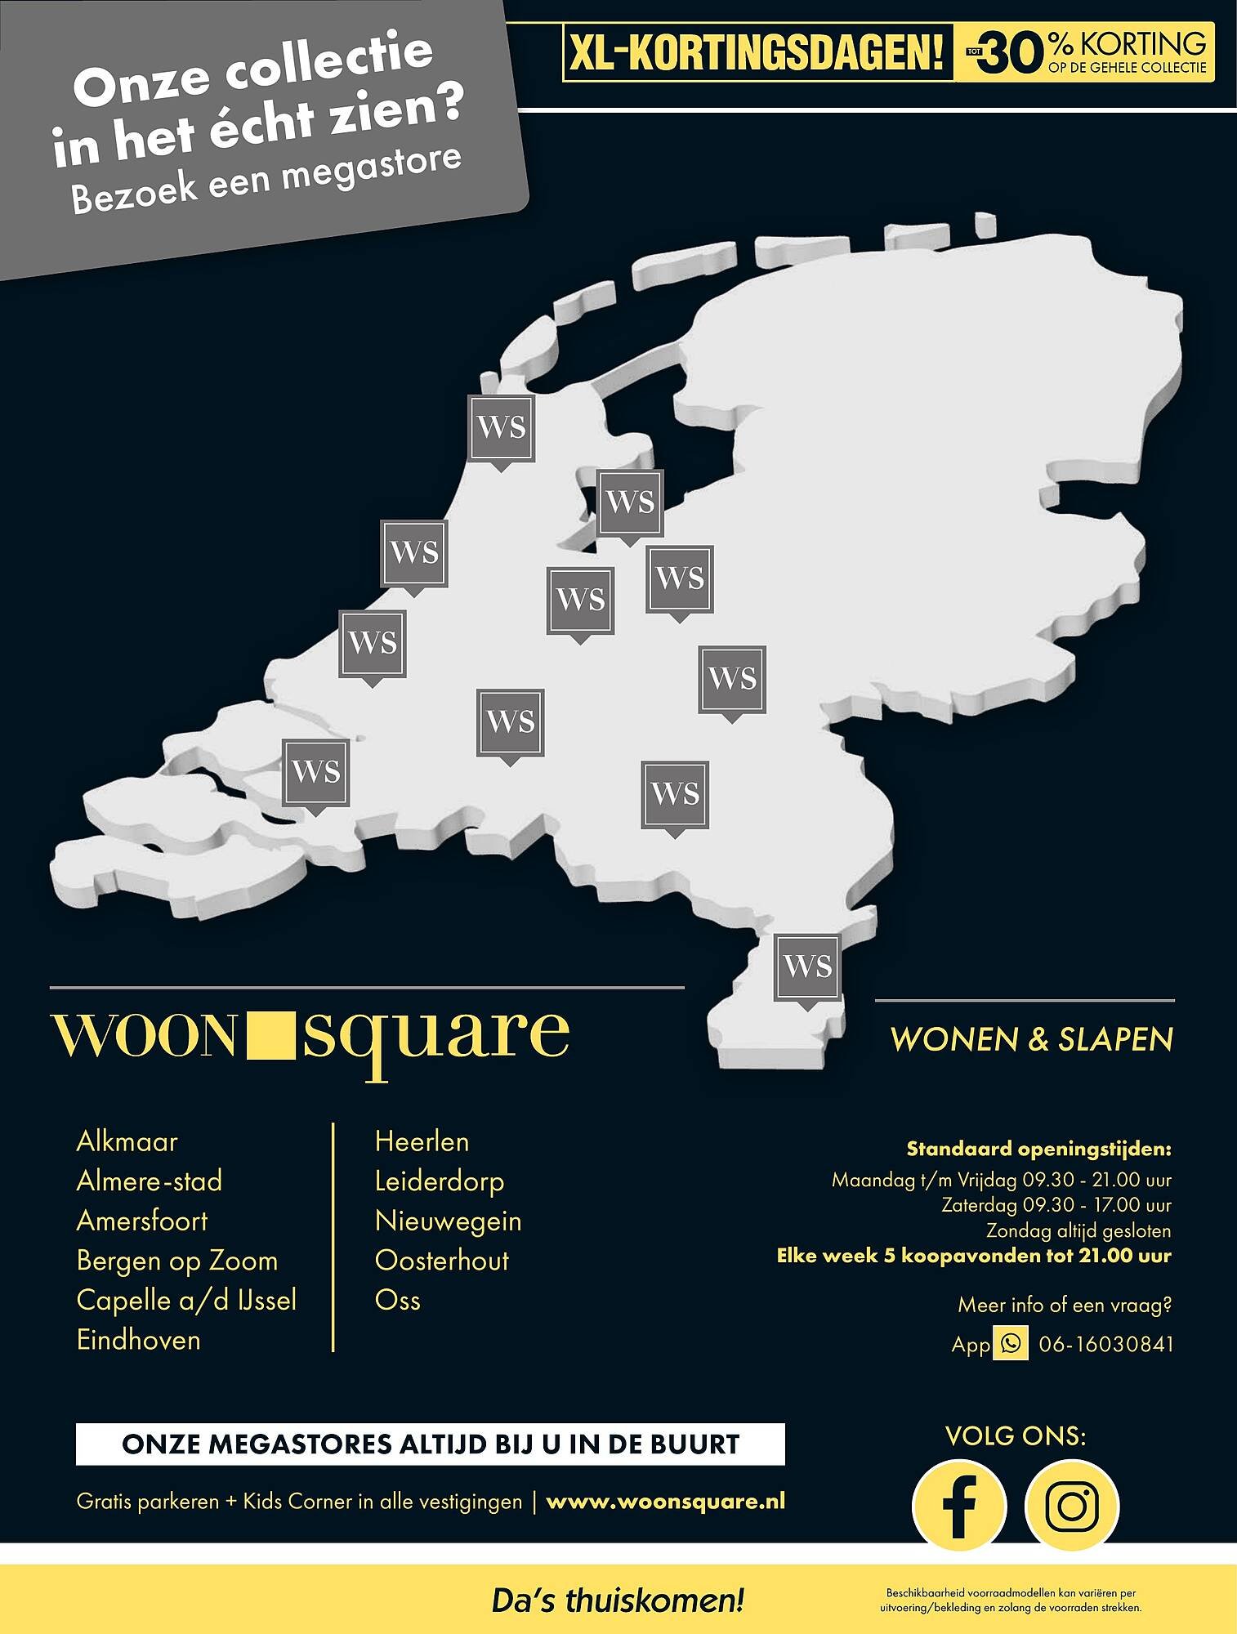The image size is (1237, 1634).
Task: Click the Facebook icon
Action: [x=959, y=1506]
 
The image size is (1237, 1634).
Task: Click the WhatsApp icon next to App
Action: [x=1011, y=1343]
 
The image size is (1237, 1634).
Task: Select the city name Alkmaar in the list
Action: [x=127, y=1141]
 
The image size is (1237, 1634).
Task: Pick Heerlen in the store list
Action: [x=422, y=1141]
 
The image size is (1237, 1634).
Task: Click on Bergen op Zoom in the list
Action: [x=177, y=1261]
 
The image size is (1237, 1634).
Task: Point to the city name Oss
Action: [x=397, y=1300]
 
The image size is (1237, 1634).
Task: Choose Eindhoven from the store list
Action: [x=138, y=1340]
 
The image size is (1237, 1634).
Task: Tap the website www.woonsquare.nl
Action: [x=665, y=1501]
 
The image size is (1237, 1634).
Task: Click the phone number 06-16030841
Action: [x=1105, y=1344]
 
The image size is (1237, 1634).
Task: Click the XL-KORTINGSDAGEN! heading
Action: [x=757, y=53]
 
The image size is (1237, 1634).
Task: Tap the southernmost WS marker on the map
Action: [x=807, y=967]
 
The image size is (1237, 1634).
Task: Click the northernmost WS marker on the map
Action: [x=501, y=427]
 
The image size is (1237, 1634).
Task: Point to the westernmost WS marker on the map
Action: [x=315, y=771]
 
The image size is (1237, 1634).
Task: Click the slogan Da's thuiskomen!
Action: [x=618, y=1600]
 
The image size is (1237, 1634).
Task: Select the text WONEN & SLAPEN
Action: [x=1031, y=1039]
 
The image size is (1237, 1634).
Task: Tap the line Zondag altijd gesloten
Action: [x=1078, y=1230]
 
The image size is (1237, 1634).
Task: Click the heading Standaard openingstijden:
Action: [x=1038, y=1149]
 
